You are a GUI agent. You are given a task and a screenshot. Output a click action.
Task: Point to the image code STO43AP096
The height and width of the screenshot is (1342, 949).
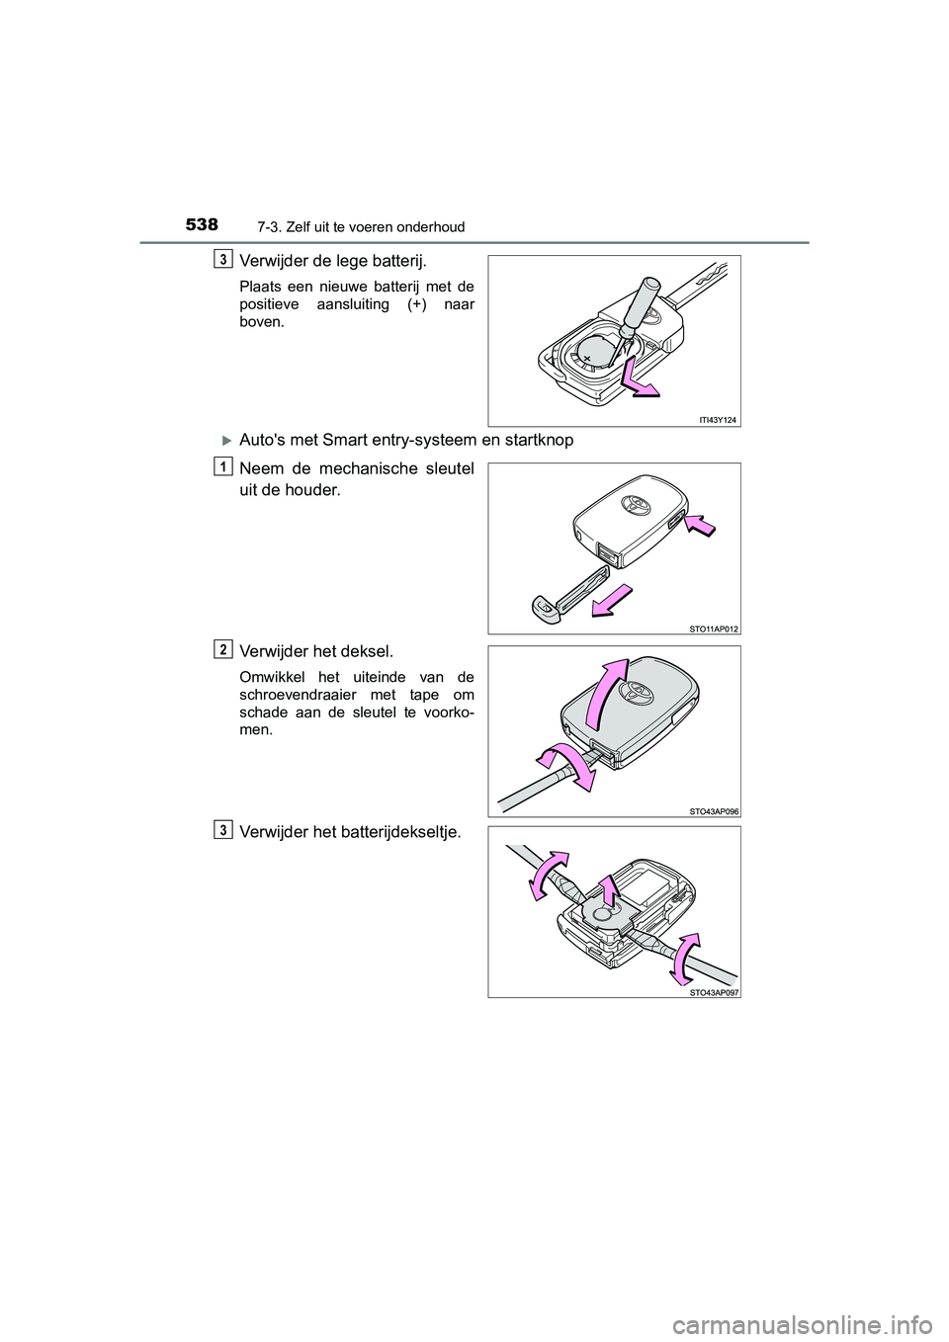coord(714,810)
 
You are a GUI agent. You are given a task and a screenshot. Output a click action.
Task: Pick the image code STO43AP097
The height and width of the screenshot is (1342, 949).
coord(714,991)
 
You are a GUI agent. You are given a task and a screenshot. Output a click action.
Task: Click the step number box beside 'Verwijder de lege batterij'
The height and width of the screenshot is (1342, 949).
coord(223,258)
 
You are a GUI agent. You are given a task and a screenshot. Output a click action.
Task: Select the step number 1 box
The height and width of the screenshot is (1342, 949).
coord(223,465)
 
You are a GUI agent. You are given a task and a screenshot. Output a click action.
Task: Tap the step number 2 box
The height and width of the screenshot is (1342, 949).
coord(223,648)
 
